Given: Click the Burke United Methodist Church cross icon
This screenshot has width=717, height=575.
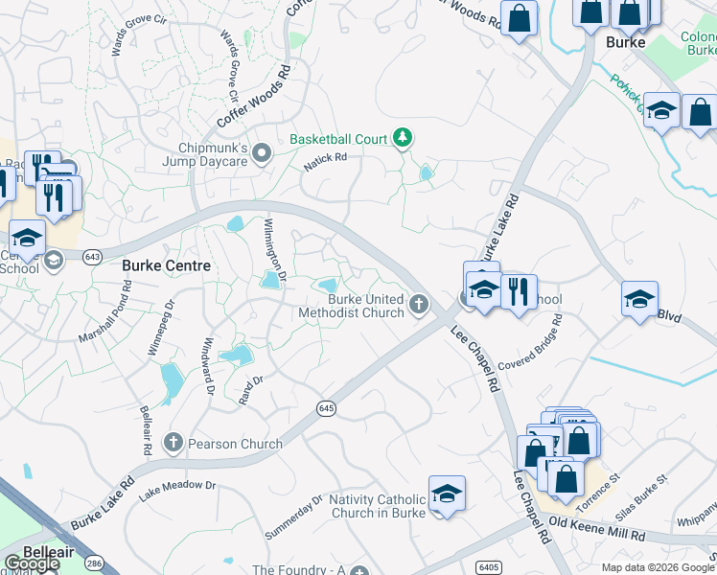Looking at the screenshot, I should pos(418,304).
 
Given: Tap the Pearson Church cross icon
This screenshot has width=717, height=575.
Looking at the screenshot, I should pos(173,443).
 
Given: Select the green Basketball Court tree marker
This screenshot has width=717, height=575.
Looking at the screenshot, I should pos(404,139).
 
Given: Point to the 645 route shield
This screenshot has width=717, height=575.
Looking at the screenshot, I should pos(326,409).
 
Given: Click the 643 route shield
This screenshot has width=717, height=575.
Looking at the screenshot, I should pos(93,257).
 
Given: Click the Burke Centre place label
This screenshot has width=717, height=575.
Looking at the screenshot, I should pos(166,265).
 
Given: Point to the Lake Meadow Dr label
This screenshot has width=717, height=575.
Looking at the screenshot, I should pos(178,490).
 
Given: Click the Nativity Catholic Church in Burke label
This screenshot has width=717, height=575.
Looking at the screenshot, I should pos(377,506).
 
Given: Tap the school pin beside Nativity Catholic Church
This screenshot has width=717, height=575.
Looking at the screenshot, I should pos(447,494).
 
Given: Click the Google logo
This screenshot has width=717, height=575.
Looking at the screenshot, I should pos(31,563).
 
